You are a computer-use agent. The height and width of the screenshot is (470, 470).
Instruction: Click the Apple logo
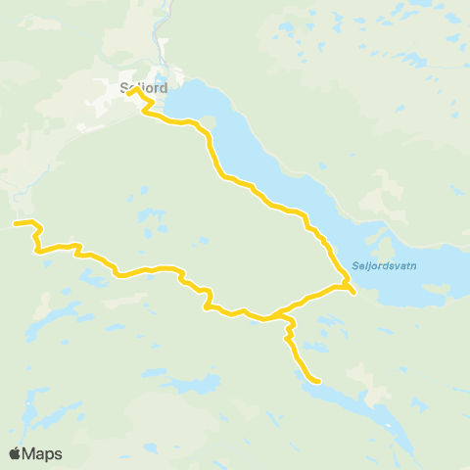click(16, 453)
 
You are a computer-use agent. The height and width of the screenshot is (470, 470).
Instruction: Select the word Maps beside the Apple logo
click(43, 453)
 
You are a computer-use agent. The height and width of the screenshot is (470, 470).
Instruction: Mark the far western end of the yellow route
click(15, 224)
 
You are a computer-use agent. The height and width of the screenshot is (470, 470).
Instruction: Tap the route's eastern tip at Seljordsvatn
click(352, 291)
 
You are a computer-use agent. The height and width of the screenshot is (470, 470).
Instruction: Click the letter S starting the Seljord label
click(123, 86)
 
